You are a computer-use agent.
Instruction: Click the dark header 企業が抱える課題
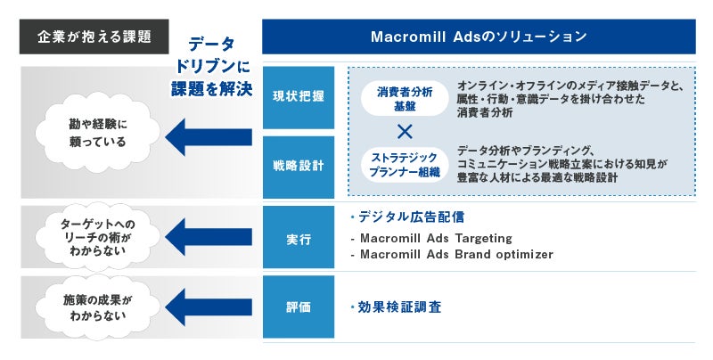click(x=94, y=37)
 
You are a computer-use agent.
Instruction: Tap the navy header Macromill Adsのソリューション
click(x=479, y=37)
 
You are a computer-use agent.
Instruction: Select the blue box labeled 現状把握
click(x=299, y=97)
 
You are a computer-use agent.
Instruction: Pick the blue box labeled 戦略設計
click(x=299, y=167)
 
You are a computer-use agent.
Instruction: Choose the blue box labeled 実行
click(x=299, y=237)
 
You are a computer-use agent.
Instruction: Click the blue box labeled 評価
click(x=299, y=307)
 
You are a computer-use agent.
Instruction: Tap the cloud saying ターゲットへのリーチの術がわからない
click(x=98, y=237)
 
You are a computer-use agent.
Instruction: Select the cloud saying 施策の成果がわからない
click(x=98, y=307)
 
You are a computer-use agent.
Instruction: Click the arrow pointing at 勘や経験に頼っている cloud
click(x=209, y=137)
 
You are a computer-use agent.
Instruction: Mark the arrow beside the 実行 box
click(x=209, y=237)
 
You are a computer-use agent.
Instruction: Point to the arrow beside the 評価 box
click(x=209, y=307)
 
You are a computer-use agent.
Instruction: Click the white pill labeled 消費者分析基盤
click(x=405, y=99)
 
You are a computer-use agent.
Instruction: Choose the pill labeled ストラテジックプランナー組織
click(x=405, y=165)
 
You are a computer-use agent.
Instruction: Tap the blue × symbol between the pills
click(x=405, y=132)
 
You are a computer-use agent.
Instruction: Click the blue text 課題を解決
click(x=212, y=88)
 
